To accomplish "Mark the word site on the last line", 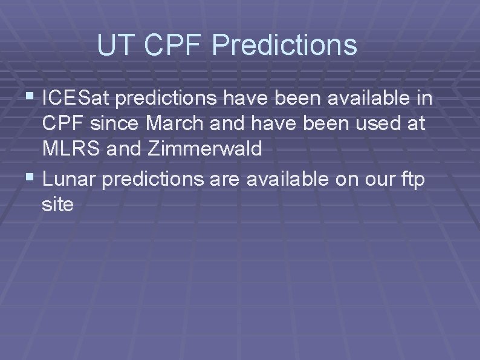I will (58, 205).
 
